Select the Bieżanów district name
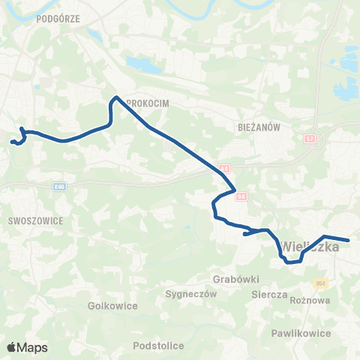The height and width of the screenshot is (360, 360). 256,127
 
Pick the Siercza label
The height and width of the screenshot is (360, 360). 270,295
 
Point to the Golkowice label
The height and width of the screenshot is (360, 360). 110,306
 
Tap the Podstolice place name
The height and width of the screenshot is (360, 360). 157,346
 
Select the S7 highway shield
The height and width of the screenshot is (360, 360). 310,139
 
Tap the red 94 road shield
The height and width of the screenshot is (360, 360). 241,196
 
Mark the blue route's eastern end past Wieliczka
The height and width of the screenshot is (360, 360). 349,241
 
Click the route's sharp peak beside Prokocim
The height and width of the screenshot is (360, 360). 115,97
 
